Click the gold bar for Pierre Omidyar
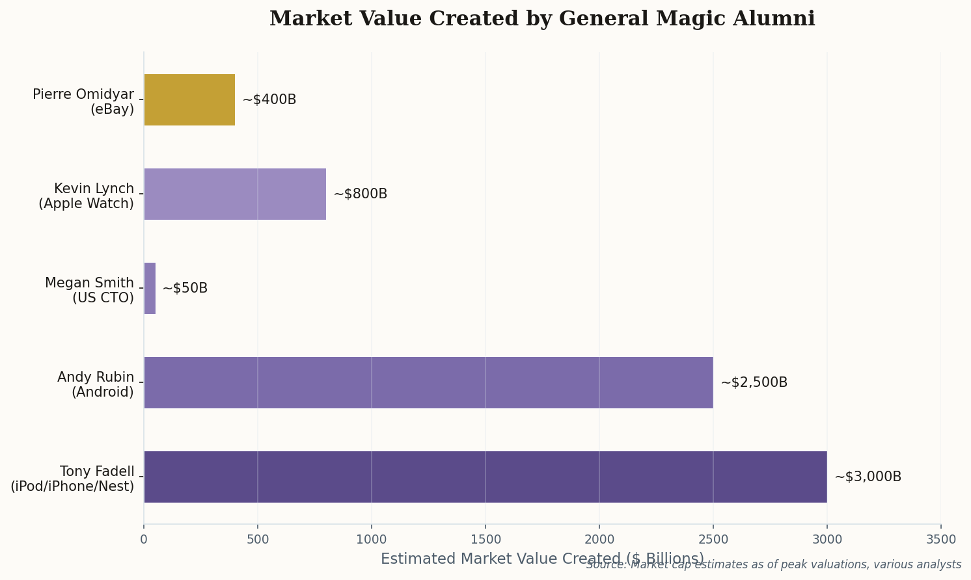[x=189, y=99]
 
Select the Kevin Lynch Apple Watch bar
[x=235, y=194]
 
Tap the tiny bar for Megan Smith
[x=150, y=288]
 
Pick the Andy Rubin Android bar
[x=428, y=382]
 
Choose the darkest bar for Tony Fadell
[x=485, y=477]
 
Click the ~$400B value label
[x=269, y=99]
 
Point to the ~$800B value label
[x=360, y=194]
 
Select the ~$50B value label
[x=185, y=288]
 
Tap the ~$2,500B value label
[x=754, y=382]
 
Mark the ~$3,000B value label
[x=868, y=477]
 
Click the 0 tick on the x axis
[x=144, y=539]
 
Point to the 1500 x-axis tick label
[x=486, y=539]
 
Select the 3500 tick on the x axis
[x=941, y=539]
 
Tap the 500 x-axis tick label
[x=258, y=539]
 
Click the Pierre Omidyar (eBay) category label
[x=83, y=102]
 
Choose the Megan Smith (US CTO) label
[x=89, y=291]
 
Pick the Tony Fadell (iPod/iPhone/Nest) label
[x=72, y=479]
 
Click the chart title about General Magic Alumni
[x=542, y=19]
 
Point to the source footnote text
[x=773, y=565]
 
